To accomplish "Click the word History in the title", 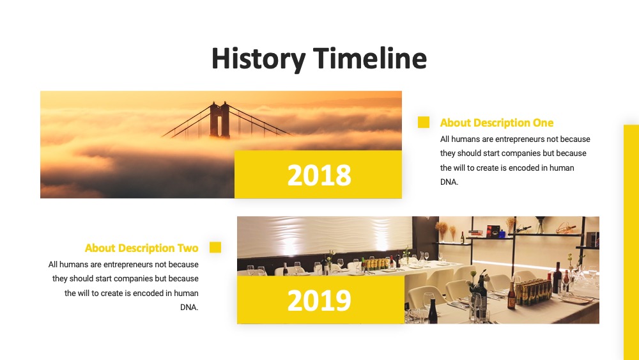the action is coord(258,59).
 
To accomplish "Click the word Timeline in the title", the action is coord(370,58).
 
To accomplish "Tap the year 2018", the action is coord(319,175).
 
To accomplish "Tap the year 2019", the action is coord(319,301).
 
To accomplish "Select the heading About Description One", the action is coord(497,123).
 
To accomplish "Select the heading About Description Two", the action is coord(141,248).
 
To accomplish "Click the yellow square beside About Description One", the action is coord(424,122).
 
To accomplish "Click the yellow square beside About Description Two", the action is coord(215,247).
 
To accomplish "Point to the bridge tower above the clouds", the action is coord(220,120).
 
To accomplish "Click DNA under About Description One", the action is coord(449,182).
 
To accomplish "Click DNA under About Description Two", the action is coord(189,308).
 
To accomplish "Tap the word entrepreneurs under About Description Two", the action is coord(128,265).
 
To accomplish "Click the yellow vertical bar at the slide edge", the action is coord(631,242).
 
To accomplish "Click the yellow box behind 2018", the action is coord(318,174).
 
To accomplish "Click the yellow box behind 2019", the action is coord(321,300).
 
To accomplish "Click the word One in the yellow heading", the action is coord(543,123).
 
